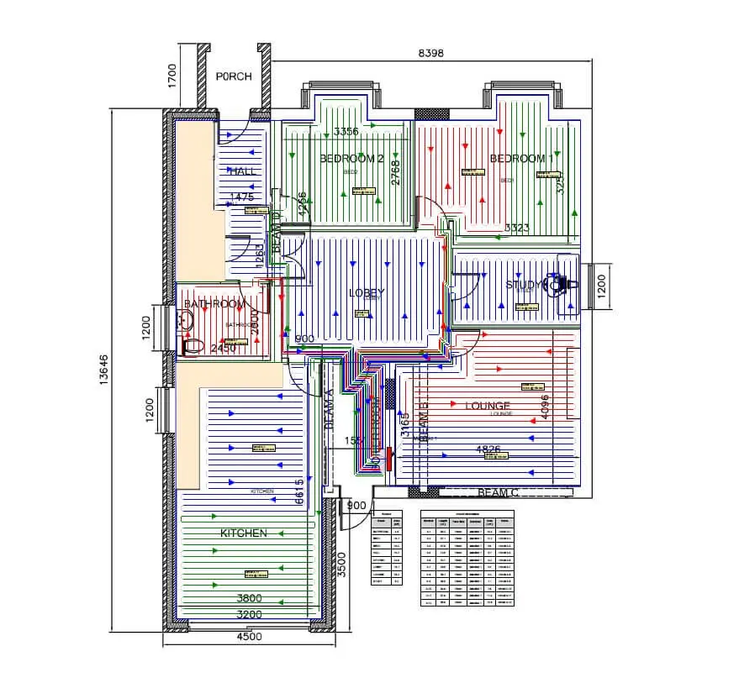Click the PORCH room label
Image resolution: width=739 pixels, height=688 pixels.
234,76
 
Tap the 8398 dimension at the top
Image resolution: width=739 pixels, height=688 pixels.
430,52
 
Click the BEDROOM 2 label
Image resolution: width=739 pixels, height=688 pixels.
351,158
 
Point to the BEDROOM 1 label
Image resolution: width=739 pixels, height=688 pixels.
521,158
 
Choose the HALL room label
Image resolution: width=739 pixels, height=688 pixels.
240,171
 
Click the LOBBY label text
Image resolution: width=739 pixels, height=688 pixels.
367,292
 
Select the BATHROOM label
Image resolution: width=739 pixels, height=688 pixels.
215,303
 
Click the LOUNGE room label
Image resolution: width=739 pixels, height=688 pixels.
488,406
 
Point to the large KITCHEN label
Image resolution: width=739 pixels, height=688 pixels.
244,533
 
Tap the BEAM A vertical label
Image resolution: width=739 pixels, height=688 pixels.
330,409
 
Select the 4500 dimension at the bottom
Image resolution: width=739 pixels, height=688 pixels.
249,636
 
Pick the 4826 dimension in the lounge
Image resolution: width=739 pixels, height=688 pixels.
488,449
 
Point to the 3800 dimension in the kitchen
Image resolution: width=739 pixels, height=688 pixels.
249,598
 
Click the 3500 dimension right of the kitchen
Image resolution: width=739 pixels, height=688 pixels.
340,562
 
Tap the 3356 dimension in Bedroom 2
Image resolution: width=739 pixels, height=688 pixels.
346,131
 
